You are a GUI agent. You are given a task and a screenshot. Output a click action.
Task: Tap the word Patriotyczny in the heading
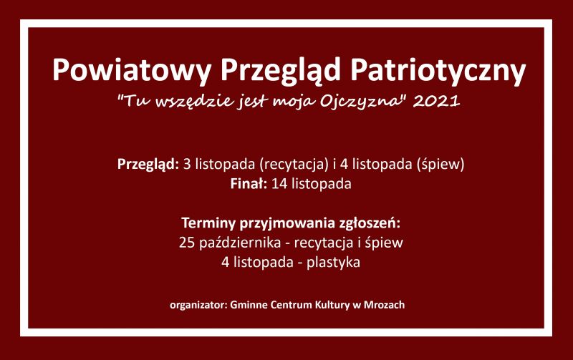(438, 70)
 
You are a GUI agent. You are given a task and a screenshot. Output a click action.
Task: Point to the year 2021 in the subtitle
(436, 101)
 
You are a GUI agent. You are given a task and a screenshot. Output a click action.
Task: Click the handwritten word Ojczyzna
(361, 101)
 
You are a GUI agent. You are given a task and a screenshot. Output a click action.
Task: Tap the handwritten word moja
(294, 102)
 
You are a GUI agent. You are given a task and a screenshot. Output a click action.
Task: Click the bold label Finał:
(249, 183)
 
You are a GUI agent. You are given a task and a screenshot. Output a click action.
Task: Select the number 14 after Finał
(279, 184)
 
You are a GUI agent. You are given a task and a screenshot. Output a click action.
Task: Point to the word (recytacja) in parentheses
(294, 165)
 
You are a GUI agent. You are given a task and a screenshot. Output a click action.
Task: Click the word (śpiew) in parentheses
(440, 165)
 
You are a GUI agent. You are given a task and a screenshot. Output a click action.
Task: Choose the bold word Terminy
(208, 223)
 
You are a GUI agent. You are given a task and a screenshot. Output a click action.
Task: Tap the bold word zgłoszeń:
(370, 223)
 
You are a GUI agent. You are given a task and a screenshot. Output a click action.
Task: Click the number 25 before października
(186, 243)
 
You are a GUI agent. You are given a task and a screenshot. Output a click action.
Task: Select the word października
(240, 243)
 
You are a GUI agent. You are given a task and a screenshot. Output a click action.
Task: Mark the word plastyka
(333, 263)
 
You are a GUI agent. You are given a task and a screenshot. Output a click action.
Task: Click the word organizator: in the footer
(198, 305)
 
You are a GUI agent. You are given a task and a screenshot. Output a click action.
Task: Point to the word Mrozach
(384, 305)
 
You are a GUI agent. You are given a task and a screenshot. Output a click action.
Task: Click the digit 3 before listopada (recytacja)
(187, 165)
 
